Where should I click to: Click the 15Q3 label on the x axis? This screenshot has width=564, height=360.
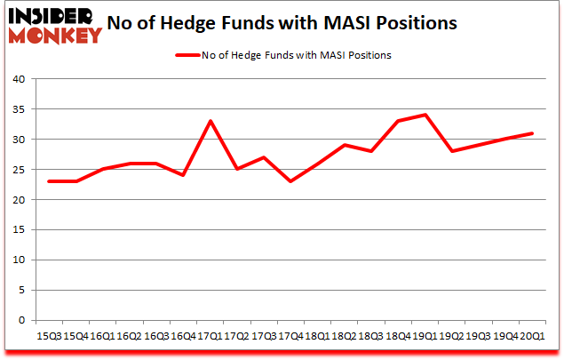(50, 337)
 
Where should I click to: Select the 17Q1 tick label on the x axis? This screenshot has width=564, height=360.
(211, 337)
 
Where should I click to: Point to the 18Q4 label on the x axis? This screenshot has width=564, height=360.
(398, 337)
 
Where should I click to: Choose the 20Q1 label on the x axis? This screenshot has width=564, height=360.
(532, 337)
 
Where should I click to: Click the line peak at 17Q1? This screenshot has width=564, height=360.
(211, 121)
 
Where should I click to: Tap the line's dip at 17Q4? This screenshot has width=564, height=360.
(290, 181)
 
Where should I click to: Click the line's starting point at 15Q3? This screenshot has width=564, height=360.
(50, 181)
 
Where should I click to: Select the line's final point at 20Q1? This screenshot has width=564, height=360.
(532, 133)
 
